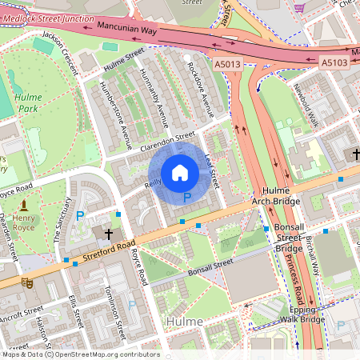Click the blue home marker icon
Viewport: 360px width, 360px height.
pos(180,172)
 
